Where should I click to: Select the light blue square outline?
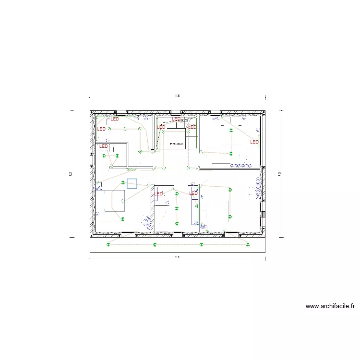[132, 183]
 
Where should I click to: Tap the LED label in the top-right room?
[254, 142]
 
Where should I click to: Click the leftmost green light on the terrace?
[108, 245]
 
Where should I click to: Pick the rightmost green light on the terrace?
[248, 245]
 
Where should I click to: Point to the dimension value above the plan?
[177, 96]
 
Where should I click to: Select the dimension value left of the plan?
[71, 173]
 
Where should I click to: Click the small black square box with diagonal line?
[153, 151]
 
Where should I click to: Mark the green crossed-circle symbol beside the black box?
[140, 151]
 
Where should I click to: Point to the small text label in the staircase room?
[177, 144]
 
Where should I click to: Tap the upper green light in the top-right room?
[230, 130]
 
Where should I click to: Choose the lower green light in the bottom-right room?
[230, 216]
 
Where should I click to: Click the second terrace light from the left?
[155, 245]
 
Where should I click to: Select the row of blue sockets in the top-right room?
[241, 166]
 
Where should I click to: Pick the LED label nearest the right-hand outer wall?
[254, 142]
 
